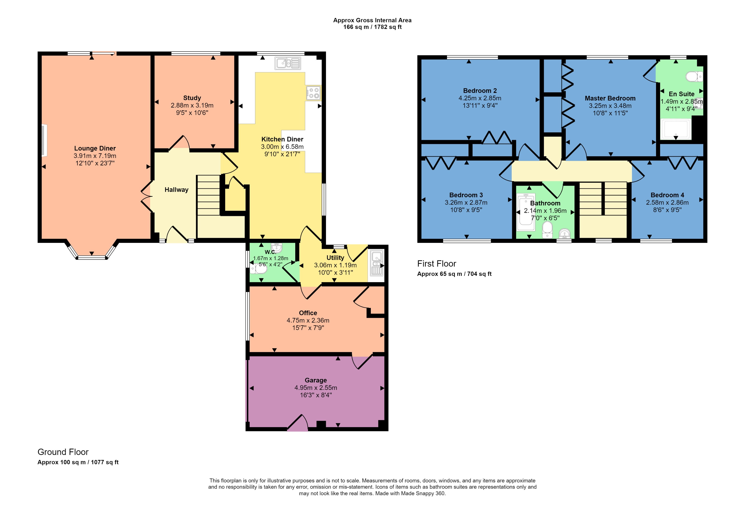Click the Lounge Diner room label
pos(95,148)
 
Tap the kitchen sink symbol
pos(288,63)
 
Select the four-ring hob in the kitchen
pos(313,93)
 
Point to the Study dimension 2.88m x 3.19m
pos(192,105)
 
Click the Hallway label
pos(176,189)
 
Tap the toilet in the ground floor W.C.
pos(259,269)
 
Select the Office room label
pos(308,313)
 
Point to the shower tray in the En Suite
pos(675,129)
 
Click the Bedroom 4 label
pos(667,195)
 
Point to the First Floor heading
pos(436,264)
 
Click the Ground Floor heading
pos(63,452)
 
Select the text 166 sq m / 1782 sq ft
pos(372,27)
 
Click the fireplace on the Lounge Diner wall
pos(44,141)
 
